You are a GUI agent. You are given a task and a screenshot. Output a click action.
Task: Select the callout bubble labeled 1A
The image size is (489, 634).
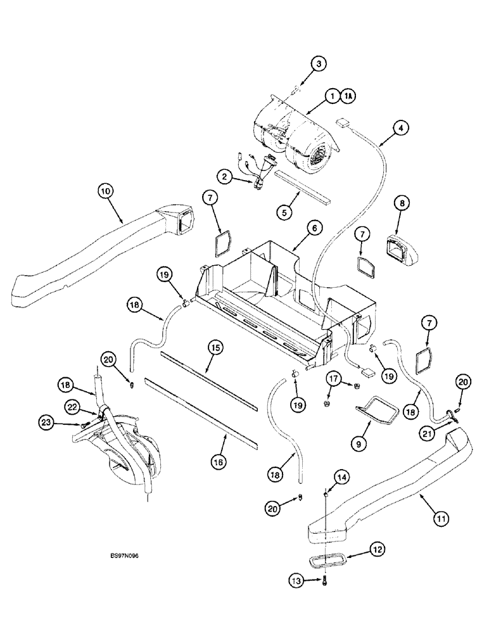pos(348,96)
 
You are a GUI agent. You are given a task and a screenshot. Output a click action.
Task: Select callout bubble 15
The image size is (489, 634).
pos(215,347)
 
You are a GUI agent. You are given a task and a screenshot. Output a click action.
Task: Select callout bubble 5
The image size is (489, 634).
pos(286,212)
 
